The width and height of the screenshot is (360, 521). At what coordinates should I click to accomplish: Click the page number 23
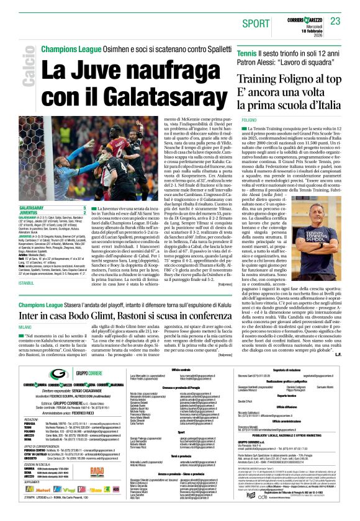[335, 22]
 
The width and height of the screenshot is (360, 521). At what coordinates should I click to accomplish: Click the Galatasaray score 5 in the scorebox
[84, 208]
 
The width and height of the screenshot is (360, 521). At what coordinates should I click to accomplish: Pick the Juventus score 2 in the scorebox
[84, 212]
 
